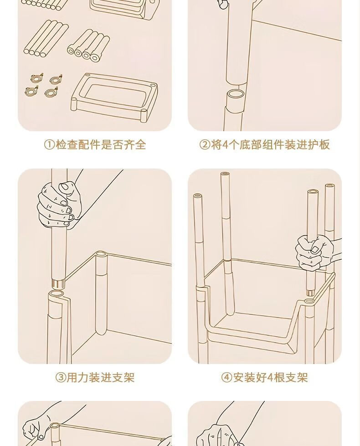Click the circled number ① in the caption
click(x=49, y=145)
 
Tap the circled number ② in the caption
click(x=205, y=145)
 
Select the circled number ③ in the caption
click(x=60, y=378)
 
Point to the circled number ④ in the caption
click(x=227, y=378)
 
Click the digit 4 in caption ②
click(x=225, y=145)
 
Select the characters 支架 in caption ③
click(x=124, y=378)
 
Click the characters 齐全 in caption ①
click(x=135, y=145)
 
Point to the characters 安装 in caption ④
click(x=244, y=378)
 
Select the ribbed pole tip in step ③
click(x=59, y=283)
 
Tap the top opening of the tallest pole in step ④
click(x=225, y=174)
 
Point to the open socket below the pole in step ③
click(x=56, y=294)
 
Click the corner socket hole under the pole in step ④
click(x=309, y=301)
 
